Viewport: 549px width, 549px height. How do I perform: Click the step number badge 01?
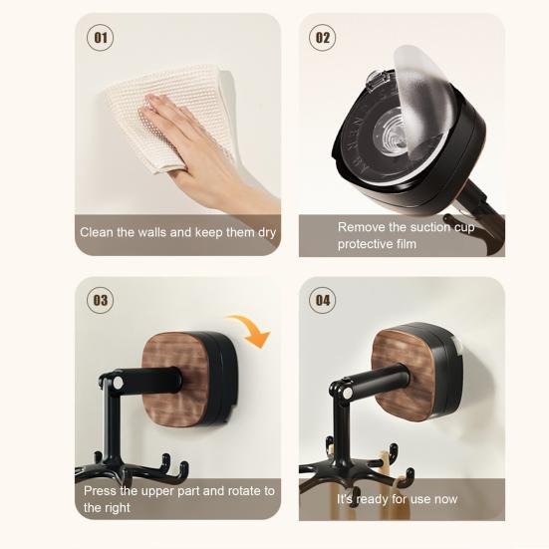pos(100,39)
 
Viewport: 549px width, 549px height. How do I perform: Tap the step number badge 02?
pos(322,38)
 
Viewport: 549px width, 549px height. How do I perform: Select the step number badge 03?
pos(101,300)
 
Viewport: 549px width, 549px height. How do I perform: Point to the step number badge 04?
pos(322,300)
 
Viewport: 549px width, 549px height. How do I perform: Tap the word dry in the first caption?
pos(262,232)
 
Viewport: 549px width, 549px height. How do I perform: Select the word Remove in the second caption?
pos(361,227)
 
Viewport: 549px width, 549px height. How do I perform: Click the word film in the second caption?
pos(405,243)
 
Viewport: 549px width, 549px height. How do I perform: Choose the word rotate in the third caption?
pos(236,491)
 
